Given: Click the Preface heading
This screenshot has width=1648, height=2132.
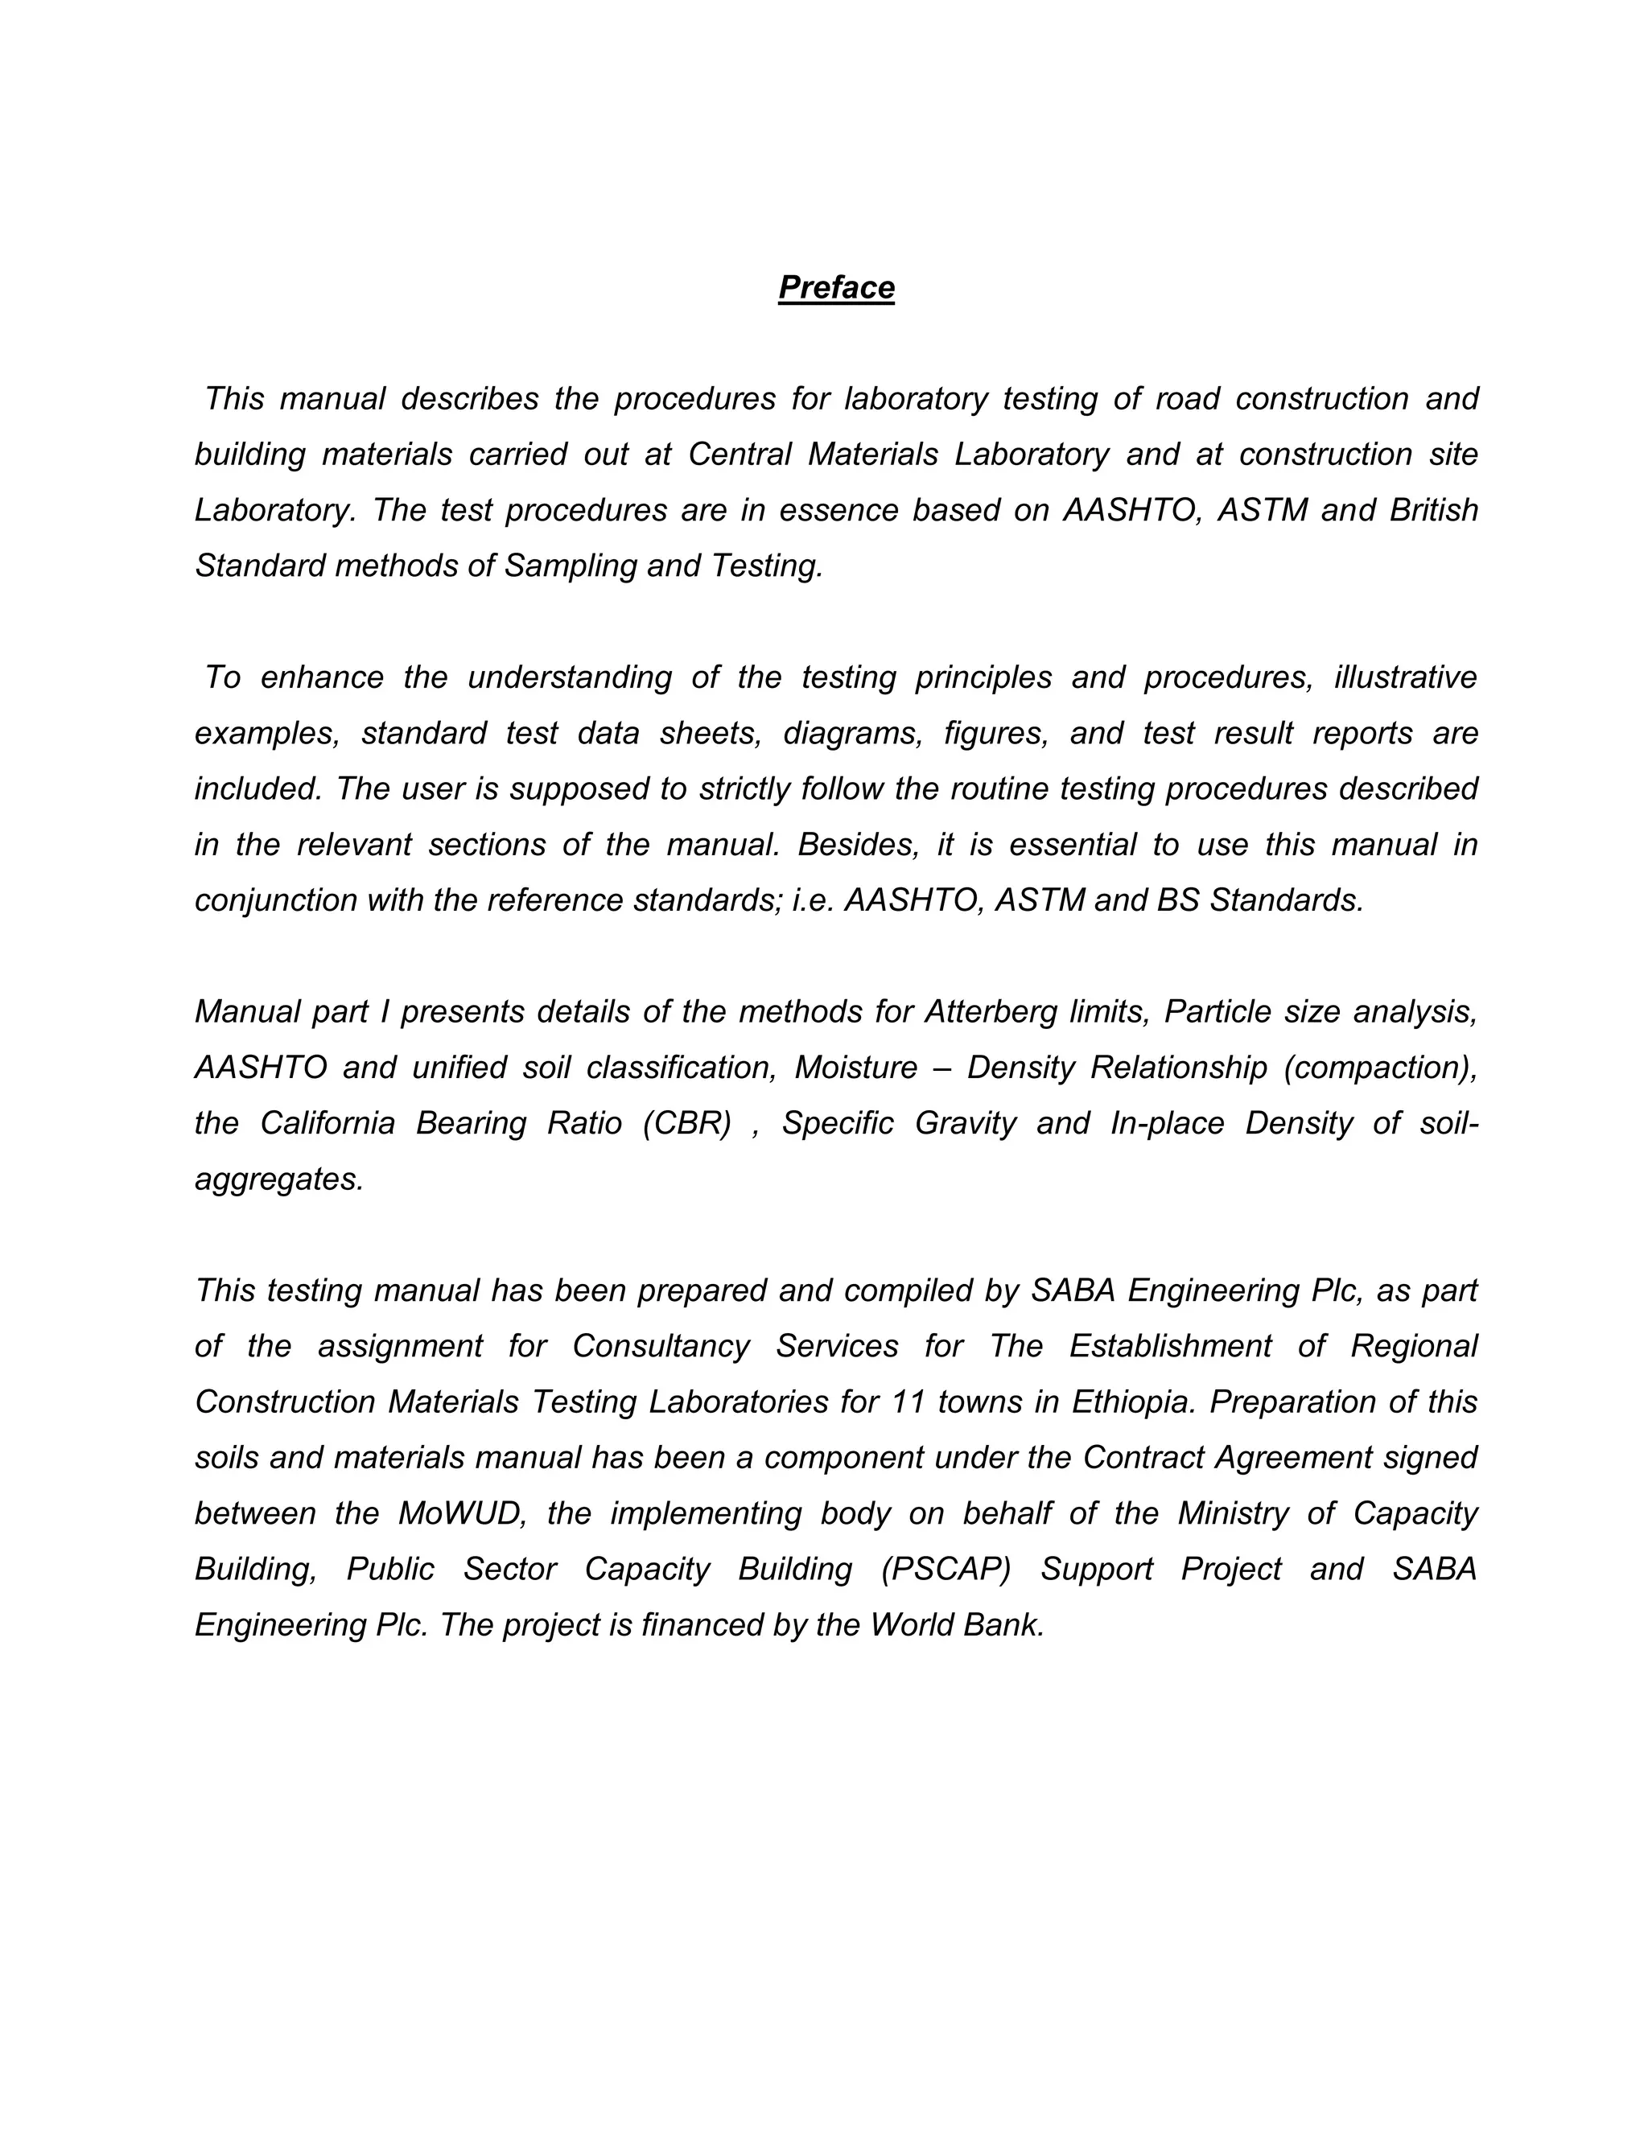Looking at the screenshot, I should point(836,287).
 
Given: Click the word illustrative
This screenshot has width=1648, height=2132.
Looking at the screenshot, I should point(1406,677).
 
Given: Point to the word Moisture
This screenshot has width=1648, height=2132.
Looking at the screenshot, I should point(855,1067).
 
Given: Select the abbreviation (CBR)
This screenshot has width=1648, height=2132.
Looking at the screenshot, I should point(687,1122).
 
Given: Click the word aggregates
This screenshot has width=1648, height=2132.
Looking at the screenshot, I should point(279,1179).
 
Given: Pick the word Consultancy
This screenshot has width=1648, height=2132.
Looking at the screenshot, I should point(661,1345).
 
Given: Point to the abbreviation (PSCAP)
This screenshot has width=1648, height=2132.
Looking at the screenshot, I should point(945,1568).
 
